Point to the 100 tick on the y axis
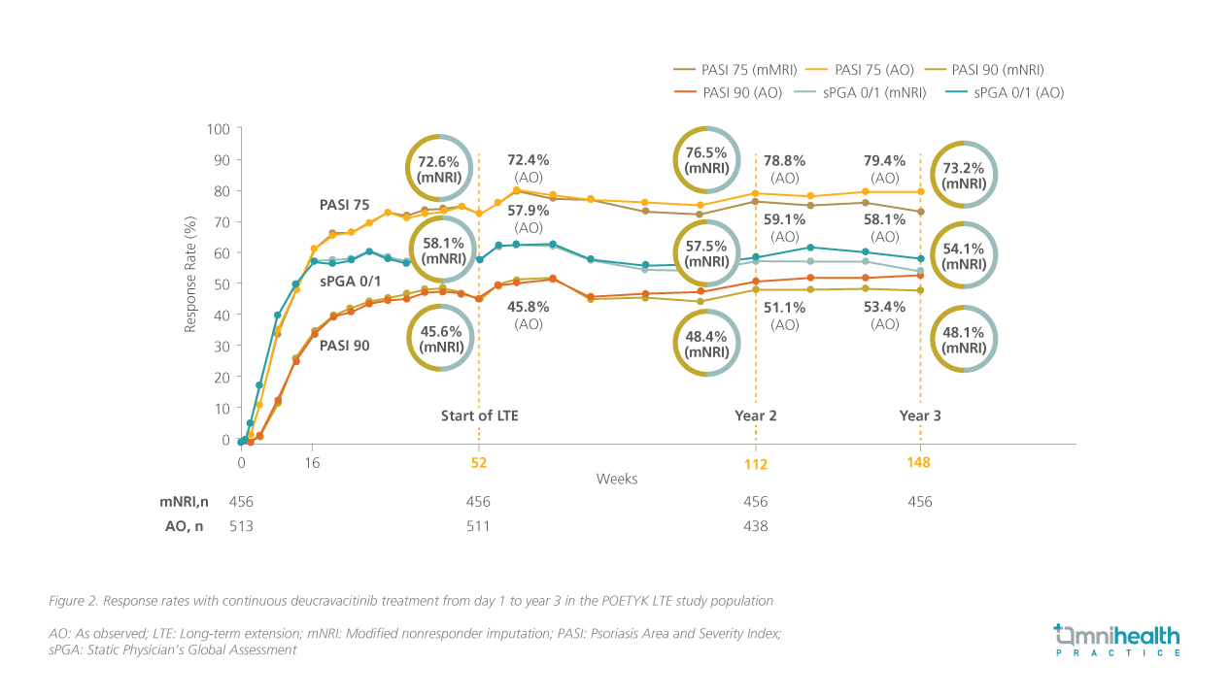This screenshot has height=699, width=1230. tap(219, 129)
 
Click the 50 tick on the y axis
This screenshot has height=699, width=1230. tap(222, 283)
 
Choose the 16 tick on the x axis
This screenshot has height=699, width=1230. tap(313, 463)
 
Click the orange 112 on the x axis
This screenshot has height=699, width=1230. tap(756, 464)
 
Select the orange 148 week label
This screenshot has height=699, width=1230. tap(919, 463)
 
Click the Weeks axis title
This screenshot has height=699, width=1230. tap(617, 479)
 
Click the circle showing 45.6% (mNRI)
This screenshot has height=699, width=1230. tap(439, 339)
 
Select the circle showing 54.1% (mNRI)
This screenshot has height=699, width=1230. tap(966, 256)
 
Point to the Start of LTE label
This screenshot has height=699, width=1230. tap(480, 416)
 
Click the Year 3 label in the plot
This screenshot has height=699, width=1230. tap(920, 416)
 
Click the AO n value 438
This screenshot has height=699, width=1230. tap(755, 526)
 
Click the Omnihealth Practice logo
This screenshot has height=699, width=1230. tap(1116, 641)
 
